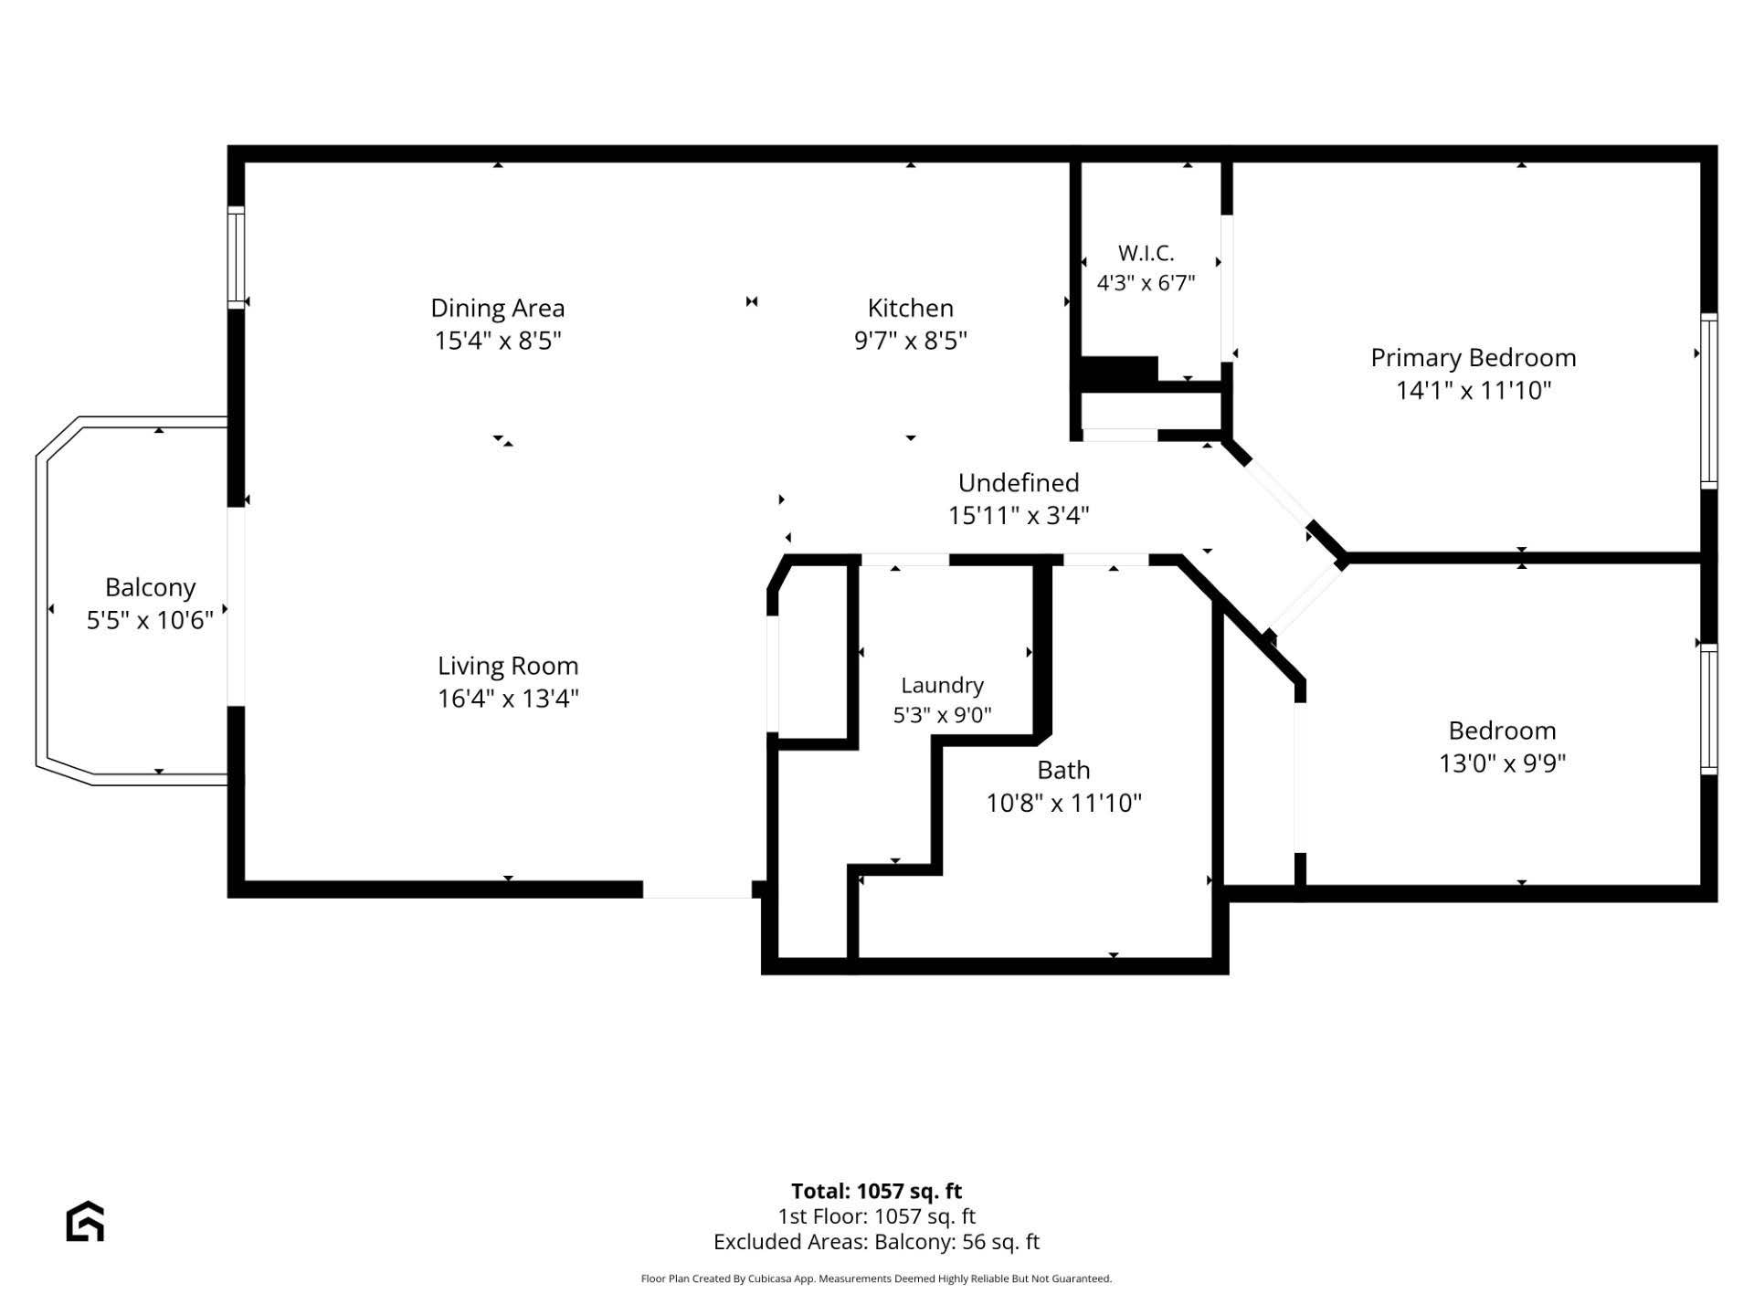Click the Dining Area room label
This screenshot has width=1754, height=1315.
pyautogui.click(x=498, y=308)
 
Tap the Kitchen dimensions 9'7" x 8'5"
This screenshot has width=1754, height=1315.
pyautogui.click(x=911, y=341)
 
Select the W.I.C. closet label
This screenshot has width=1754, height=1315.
pyautogui.click(x=1146, y=253)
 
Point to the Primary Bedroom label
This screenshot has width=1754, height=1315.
pyautogui.click(x=1474, y=358)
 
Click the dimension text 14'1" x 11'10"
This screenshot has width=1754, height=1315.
pyautogui.click(x=1474, y=391)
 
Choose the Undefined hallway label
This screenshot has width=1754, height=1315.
pyautogui.click(x=1019, y=482)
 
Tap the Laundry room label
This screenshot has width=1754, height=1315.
pyautogui.click(x=942, y=686)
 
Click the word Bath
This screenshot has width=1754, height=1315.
pyautogui.click(x=1063, y=770)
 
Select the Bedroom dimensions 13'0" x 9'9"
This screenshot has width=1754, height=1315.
pyautogui.click(x=1503, y=763)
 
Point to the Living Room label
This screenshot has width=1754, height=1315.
pyautogui.click(x=508, y=667)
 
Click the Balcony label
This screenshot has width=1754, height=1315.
pyautogui.click(x=151, y=588)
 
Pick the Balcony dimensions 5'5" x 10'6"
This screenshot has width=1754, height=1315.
pyautogui.click(x=150, y=621)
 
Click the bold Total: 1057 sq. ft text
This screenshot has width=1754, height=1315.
pyautogui.click(x=876, y=1191)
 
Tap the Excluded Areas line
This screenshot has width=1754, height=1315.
pyautogui.click(x=876, y=1242)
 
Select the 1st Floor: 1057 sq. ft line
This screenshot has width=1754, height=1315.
pyautogui.click(x=876, y=1216)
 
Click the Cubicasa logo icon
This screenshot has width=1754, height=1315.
pyautogui.click(x=85, y=1222)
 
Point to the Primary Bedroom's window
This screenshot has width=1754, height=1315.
pyautogui.click(x=1708, y=401)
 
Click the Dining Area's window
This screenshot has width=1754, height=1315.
pyautogui.click(x=237, y=258)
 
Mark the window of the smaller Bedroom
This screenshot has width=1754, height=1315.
pyautogui.click(x=1708, y=710)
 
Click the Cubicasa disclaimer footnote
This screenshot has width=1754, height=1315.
pyautogui.click(x=876, y=1279)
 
